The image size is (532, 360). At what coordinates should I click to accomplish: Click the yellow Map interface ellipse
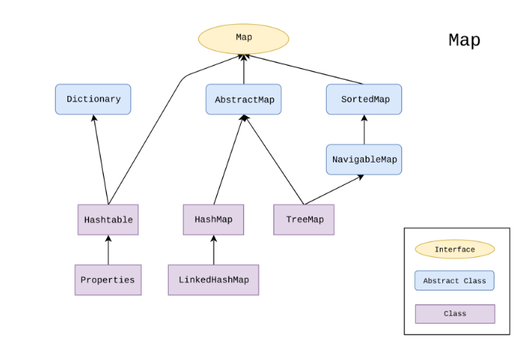(x=243, y=39)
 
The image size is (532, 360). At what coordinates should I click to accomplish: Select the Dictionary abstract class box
(x=93, y=99)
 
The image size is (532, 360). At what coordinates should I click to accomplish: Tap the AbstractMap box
(x=243, y=100)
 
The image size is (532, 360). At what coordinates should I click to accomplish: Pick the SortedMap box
(x=364, y=100)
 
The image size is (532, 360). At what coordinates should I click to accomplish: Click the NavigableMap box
(x=364, y=159)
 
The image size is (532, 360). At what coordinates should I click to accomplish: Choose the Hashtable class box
(x=108, y=220)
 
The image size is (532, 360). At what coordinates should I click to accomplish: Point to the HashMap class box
(x=214, y=220)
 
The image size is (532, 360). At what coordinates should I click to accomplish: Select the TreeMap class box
(x=304, y=220)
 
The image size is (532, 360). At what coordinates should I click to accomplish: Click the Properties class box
(x=108, y=279)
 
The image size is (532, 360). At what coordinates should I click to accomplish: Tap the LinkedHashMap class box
(x=214, y=279)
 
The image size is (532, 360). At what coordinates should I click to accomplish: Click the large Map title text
(x=464, y=40)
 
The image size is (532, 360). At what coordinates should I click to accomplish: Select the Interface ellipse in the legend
(x=455, y=249)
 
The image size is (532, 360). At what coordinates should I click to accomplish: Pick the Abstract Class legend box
(x=455, y=280)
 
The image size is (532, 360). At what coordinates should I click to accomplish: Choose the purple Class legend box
(x=455, y=314)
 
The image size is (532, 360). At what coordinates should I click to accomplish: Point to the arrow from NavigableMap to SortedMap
(x=364, y=130)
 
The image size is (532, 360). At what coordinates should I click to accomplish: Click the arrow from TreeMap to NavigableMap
(x=333, y=190)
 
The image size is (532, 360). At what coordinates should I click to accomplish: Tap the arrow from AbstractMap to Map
(x=243, y=70)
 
